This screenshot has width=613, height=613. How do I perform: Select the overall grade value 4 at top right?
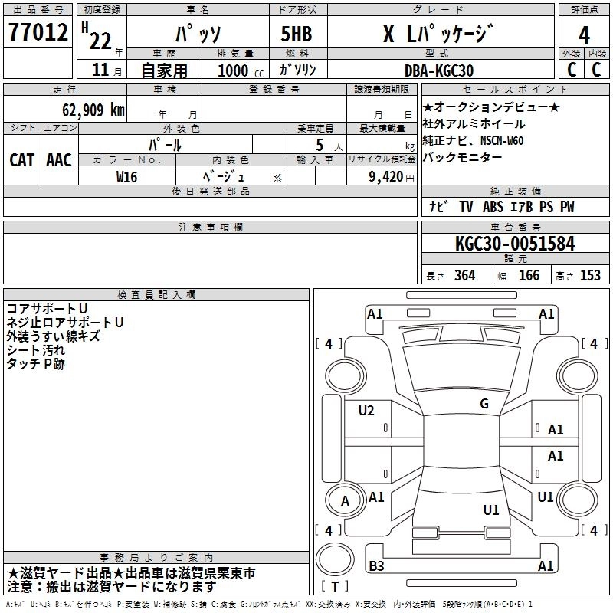(585, 35)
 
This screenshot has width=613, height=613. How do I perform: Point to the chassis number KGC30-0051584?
(514, 244)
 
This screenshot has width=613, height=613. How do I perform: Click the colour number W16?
(127, 176)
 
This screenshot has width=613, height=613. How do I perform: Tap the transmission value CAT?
(21, 160)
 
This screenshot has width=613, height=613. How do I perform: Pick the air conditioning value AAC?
(59, 160)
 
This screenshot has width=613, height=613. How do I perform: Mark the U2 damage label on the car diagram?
(366, 411)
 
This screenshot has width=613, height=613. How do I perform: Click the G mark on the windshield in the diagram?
(484, 404)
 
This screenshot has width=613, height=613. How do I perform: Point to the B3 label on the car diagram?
(376, 566)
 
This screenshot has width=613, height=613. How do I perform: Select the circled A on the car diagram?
(345, 501)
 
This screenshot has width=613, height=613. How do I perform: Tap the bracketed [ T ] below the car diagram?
(334, 587)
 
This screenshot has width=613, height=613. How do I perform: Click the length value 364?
(464, 276)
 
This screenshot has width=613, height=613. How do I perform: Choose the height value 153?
(590, 276)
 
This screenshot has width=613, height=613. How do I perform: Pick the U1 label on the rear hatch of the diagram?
(491, 510)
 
